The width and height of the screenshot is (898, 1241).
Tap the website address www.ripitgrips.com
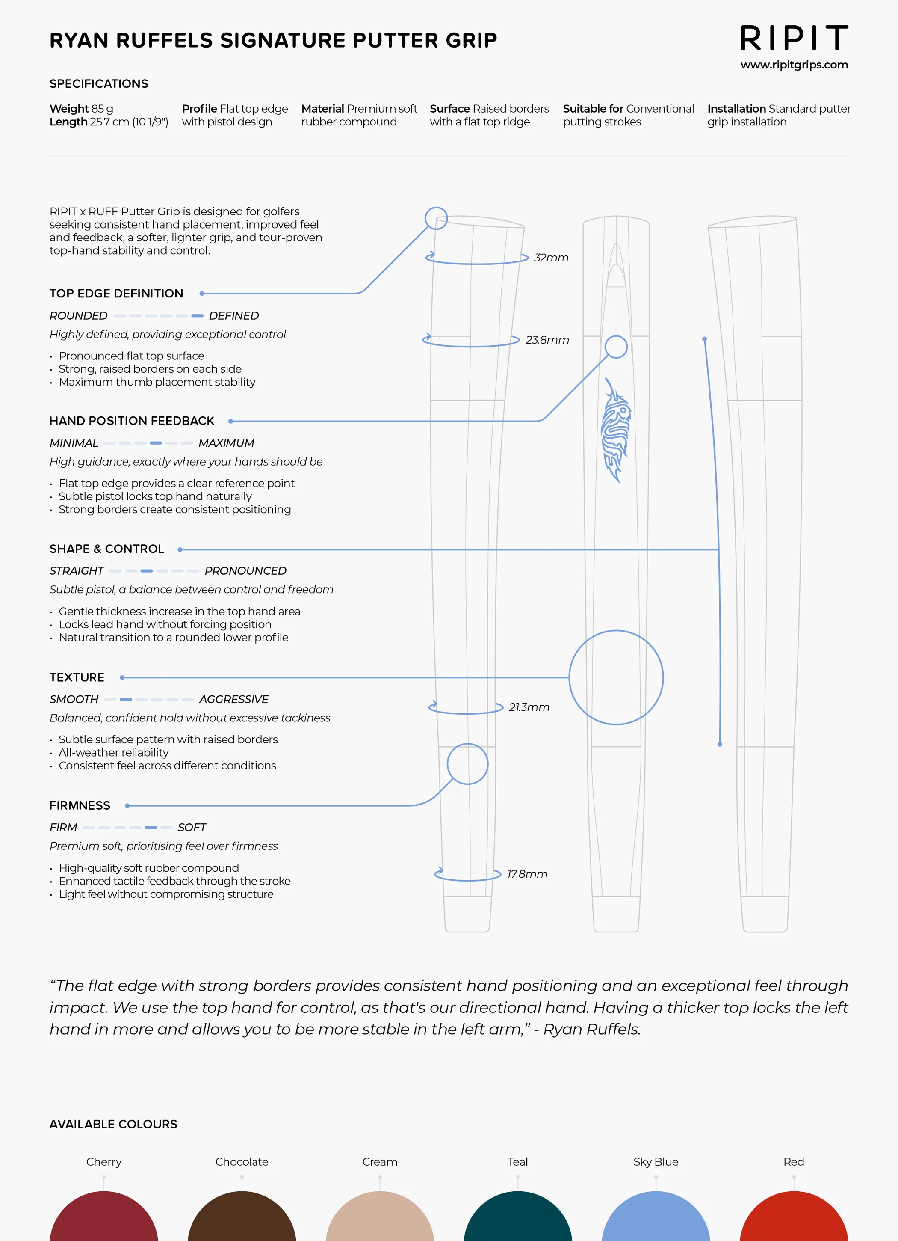[794, 65]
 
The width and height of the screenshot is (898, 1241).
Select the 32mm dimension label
[551, 258]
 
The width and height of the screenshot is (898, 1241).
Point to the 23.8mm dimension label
[547, 340]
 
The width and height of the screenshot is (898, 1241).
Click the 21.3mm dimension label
[529, 707]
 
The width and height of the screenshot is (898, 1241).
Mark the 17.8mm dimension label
[527, 874]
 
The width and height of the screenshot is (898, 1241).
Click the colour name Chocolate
[242, 1162]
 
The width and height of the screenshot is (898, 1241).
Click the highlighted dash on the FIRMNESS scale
[151, 827]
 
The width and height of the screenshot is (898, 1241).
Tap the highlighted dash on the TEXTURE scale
[126, 699]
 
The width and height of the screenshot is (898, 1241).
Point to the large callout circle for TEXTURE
[616, 677]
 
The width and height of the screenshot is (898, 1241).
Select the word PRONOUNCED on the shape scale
[245, 571]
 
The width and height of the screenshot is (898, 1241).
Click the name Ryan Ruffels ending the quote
[591, 1029]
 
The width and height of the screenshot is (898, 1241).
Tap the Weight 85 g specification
[82, 108]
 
